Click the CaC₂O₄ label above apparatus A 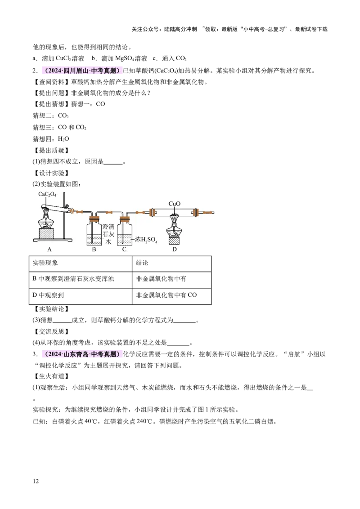47,195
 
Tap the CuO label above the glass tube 175,204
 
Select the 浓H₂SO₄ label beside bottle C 146,240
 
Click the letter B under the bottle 94,250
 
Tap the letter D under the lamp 175,250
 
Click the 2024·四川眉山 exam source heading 81,71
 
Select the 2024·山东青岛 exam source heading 81,354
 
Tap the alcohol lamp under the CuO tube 174,227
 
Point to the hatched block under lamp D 174,240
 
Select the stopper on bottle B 94,219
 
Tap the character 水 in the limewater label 108,241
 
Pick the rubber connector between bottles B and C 109,212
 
